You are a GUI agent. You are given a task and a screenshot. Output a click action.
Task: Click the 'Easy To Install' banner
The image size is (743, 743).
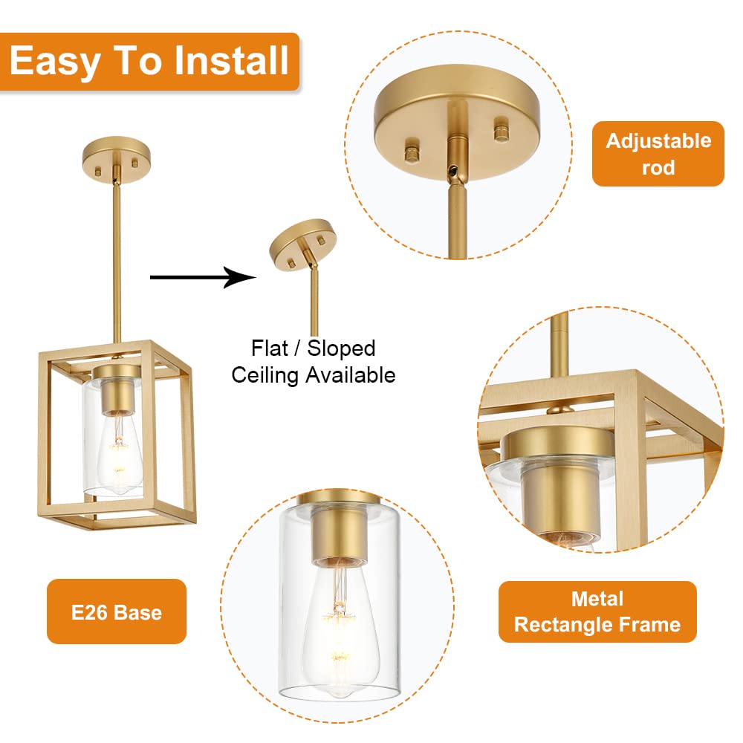[149, 61]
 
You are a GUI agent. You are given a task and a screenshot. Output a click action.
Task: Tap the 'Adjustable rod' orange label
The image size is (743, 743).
[658, 154]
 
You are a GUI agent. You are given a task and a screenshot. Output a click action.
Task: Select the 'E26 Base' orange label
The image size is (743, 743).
[117, 611]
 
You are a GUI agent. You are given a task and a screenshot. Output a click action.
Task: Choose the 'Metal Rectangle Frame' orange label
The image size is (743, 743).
[597, 611]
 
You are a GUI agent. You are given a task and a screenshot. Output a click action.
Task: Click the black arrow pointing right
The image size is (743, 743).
[204, 277]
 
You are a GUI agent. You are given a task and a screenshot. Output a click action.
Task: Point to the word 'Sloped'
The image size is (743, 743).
[341, 348]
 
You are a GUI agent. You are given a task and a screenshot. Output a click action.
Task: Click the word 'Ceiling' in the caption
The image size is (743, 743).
[265, 375]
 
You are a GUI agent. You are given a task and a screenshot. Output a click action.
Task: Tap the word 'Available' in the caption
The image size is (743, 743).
[350, 374]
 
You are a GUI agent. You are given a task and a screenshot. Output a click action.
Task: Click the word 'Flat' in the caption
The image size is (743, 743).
[269, 348]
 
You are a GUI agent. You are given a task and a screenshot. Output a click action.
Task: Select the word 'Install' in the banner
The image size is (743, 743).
[232, 60]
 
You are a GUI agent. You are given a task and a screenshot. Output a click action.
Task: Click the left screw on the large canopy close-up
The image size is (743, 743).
[412, 151]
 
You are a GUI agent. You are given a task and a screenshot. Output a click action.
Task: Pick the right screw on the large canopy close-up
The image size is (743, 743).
[502, 132]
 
